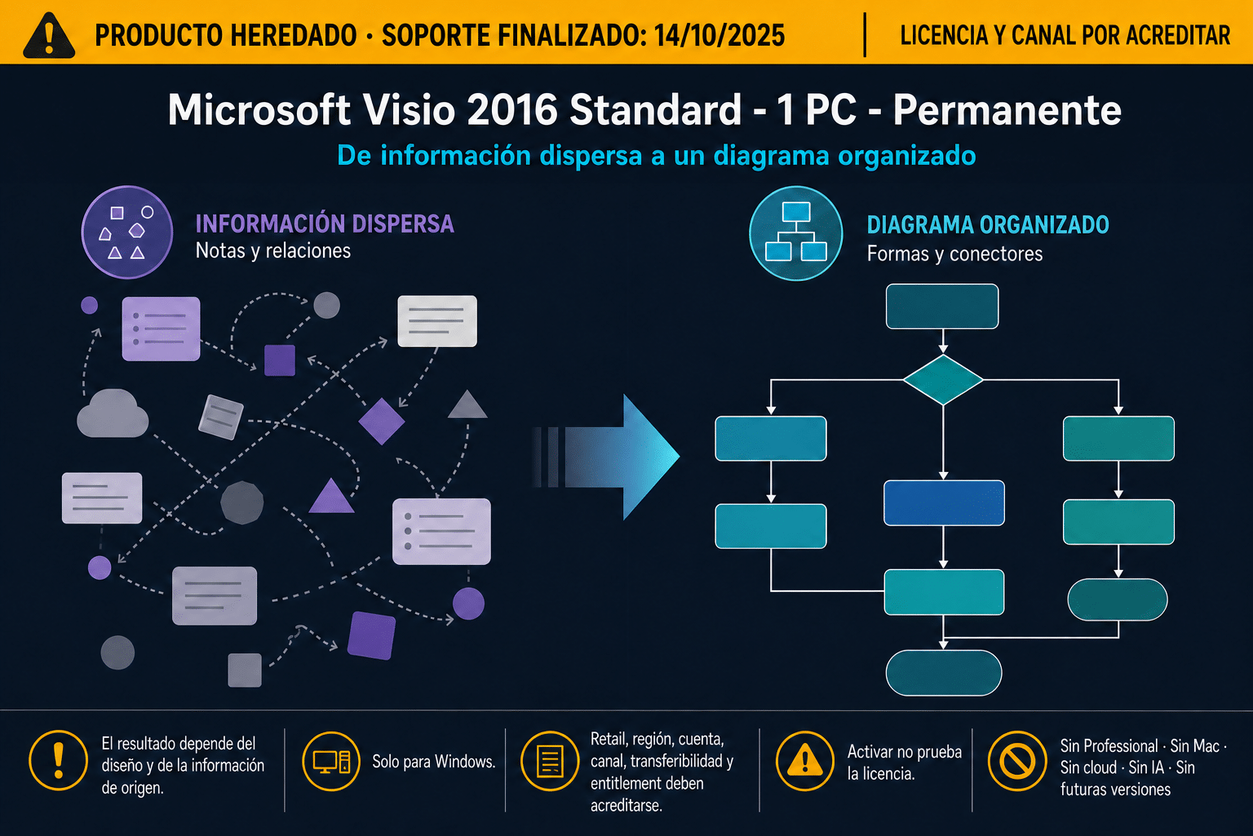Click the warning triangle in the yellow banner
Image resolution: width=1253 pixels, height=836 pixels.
pyautogui.click(x=49, y=35)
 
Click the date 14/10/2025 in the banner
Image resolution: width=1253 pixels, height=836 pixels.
pyautogui.click(x=719, y=36)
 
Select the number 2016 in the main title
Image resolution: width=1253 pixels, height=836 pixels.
pyautogui.click(x=511, y=109)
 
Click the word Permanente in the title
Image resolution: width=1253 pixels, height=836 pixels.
pyautogui.click(x=1007, y=109)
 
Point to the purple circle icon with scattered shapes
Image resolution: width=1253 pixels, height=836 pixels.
pyautogui.click(x=127, y=232)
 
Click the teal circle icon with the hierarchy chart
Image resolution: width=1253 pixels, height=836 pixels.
pyautogui.click(x=796, y=233)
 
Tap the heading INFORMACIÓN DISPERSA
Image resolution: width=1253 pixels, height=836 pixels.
pyautogui.click(x=325, y=224)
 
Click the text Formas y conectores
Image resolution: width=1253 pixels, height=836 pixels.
pyautogui.click(x=954, y=254)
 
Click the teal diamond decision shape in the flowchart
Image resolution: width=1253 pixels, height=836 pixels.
pyautogui.click(x=943, y=380)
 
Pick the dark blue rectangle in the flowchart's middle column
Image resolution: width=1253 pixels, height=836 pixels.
pyautogui.click(x=944, y=503)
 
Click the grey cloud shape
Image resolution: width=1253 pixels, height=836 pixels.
pyautogui.click(x=113, y=414)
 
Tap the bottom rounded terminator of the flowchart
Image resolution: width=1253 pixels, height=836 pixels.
pyautogui.click(x=944, y=673)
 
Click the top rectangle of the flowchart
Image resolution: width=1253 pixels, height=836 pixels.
pyautogui.click(x=942, y=306)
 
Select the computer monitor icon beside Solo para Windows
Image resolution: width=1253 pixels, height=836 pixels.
pyautogui.click(x=331, y=762)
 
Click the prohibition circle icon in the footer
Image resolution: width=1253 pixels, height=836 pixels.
pyautogui.click(x=1017, y=761)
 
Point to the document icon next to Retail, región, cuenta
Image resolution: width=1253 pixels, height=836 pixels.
pyautogui.click(x=550, y=761)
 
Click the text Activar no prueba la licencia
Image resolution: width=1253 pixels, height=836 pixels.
pyautogui.click(x=905, y=762)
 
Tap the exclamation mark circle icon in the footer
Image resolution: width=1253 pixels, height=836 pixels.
pyautogui.click(x=58, y=760)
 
